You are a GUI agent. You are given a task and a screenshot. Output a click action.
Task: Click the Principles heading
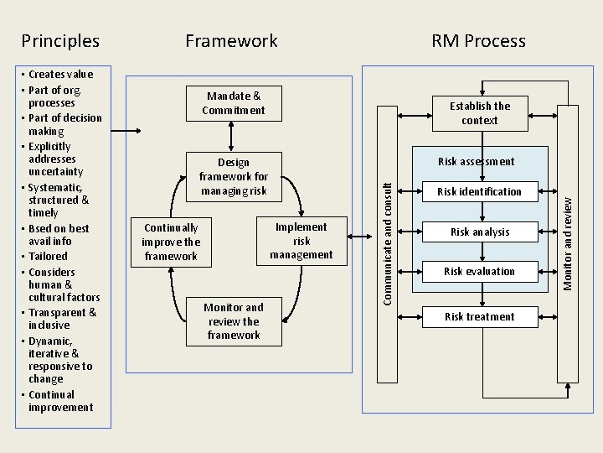60,41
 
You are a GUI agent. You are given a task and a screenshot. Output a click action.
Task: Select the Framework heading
231,41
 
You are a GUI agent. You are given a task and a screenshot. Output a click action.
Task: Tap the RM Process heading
478,41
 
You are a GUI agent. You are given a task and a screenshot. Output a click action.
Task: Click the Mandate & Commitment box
233,103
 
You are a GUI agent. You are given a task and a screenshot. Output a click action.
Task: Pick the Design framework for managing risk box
233,176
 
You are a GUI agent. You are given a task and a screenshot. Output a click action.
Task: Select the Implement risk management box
301,241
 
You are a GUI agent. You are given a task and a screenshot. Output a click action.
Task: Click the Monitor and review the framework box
233,321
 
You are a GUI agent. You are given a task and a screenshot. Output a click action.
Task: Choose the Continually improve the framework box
171,242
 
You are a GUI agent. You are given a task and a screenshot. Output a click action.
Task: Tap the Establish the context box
479,113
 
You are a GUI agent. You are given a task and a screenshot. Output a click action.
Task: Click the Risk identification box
479,192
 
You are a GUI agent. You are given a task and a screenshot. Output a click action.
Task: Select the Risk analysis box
479,232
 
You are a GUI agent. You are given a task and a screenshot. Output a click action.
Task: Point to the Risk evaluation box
479,271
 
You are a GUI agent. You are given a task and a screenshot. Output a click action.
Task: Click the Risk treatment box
479,316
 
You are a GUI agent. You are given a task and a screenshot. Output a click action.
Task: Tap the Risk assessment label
477,161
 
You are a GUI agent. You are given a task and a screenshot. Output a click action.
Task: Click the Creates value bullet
60,75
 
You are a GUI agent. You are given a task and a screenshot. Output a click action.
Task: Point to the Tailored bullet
48,257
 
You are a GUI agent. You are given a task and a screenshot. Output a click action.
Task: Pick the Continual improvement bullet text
60,401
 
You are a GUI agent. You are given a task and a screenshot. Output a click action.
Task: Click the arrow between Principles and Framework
126,130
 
